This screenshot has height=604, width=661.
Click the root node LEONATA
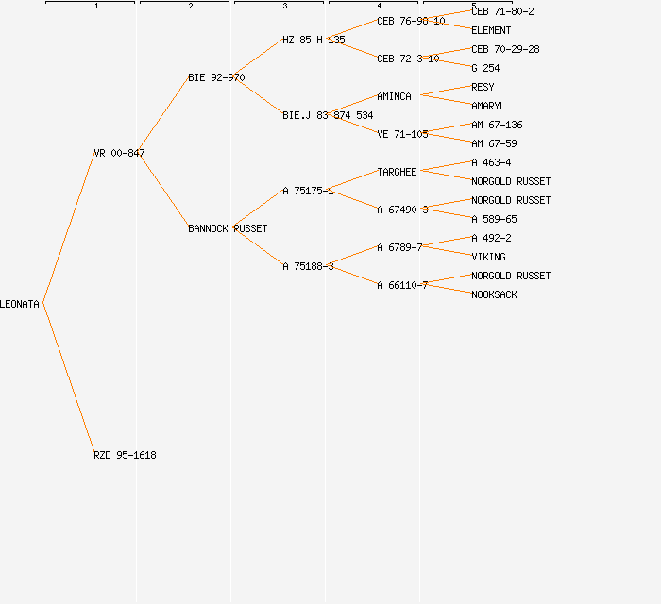coord(20,304)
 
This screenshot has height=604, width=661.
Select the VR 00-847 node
coord(119,153)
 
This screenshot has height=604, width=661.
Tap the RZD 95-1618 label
coord(125,455)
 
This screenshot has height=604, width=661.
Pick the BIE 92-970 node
coord(216,77)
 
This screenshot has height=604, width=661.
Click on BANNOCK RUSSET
coord(228,228)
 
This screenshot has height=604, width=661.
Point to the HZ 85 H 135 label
coord(314,40)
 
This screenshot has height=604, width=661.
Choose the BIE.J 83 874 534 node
coord(328,115)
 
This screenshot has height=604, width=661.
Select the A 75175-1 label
coord(308,191)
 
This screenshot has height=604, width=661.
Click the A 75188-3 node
coord(308,266)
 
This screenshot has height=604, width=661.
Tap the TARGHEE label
coord(397,172)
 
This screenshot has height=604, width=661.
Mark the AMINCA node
coord(394,96)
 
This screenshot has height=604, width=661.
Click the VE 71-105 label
coord(402,134)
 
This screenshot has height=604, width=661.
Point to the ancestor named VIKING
coord(488,257)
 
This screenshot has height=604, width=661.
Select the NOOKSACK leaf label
coord(494,294)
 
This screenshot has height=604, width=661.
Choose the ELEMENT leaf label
coord(491,30)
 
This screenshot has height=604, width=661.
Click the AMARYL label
coord(488,106)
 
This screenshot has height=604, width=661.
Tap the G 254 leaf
coord(485,68)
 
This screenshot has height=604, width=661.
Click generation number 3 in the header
coord(284,7)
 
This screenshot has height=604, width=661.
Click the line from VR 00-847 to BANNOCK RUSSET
coord(164,191)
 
